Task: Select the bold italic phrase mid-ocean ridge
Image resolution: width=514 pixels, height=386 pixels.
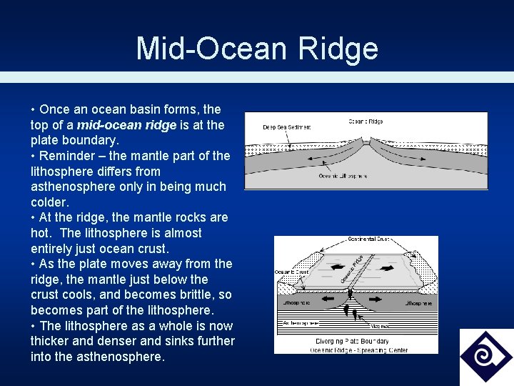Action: [x=122, y=125]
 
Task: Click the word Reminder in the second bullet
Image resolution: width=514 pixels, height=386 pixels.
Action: [x=66, y=156]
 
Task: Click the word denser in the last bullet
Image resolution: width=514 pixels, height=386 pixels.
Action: [x=105, y=341]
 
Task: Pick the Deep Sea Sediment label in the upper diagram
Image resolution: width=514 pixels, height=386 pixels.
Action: [x=287, y=127]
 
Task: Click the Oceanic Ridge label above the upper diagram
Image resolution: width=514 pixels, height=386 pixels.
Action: [x=366, y=122]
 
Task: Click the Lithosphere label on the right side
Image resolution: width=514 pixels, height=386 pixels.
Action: [x=418, y=304]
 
